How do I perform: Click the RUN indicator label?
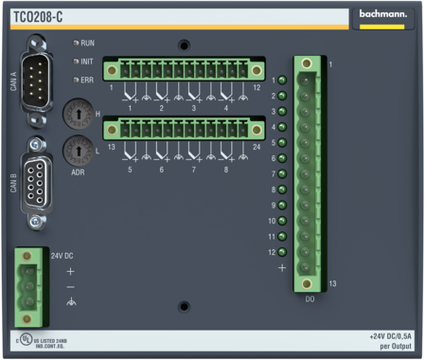pyautogui.click(x=87, y=44)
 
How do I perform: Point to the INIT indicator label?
pyautogui.click(x=87, y=62)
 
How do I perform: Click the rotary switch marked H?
pyautogui.click(x=73, y=116)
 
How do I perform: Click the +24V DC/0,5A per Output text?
pyautogui.click(x=390, y=341)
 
